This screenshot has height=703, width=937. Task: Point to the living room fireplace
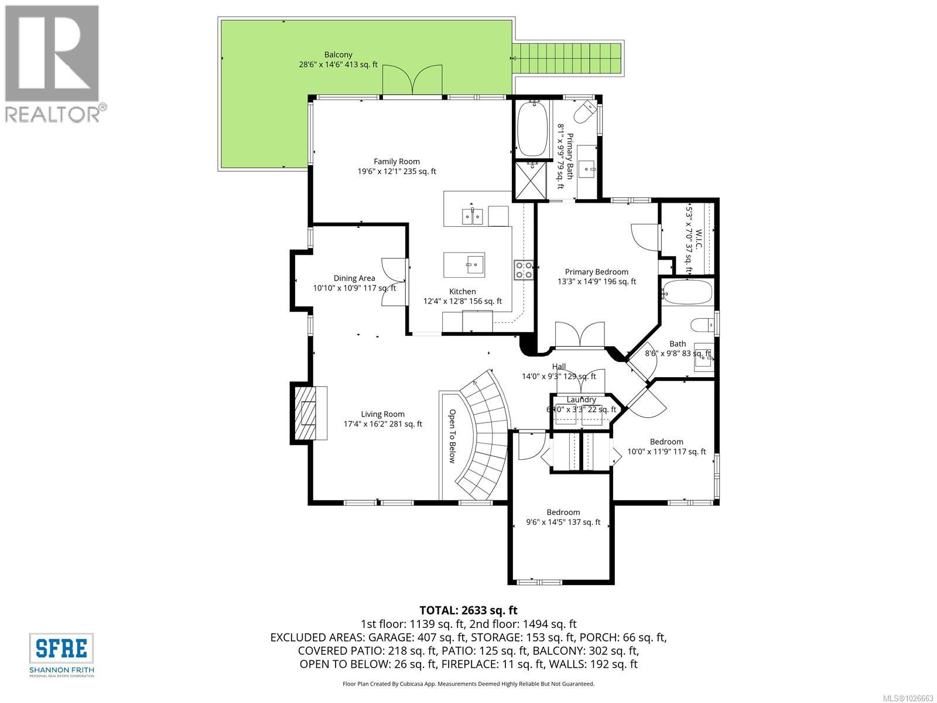pyautogui.click(x=308, y=413)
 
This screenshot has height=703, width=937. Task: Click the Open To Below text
pyautogui.click(x=452, y=436)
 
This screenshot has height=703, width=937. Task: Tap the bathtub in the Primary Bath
pyautogui.click(x=532, y=128)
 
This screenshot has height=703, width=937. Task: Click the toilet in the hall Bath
pyautogui.click(x=702, y=325)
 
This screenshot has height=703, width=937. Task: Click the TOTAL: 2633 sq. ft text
pyautogui.click(x=468, y=610)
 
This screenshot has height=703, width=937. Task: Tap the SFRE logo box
pyautogui.click(x=61, y=648)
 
